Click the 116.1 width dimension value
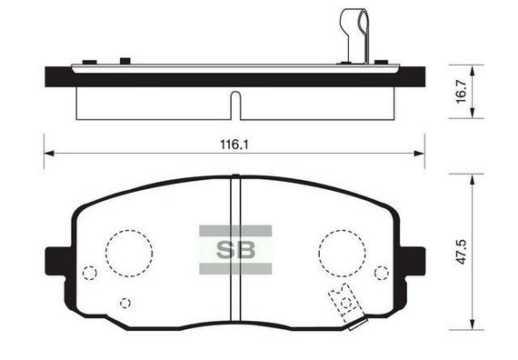click(234, 145)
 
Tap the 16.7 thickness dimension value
click(461, 92)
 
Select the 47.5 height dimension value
click(461, 252)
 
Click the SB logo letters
click(235, 250)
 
